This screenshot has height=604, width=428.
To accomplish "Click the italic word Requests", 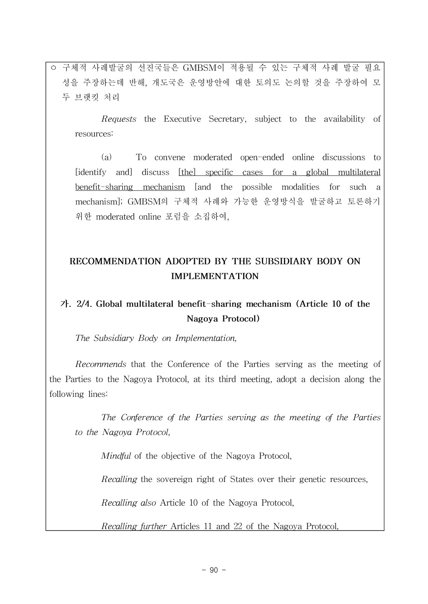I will [119, 119].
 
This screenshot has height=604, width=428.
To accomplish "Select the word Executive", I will [182, 119].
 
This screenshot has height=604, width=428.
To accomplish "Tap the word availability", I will [344, 119].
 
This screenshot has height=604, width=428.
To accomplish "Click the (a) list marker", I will [106, 157].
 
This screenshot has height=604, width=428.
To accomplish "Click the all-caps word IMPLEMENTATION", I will [215, 276].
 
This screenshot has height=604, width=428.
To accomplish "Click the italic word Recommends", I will [100, 365].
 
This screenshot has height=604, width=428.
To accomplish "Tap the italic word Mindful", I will [116, 456].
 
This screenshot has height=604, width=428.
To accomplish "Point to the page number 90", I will [214, 570].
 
